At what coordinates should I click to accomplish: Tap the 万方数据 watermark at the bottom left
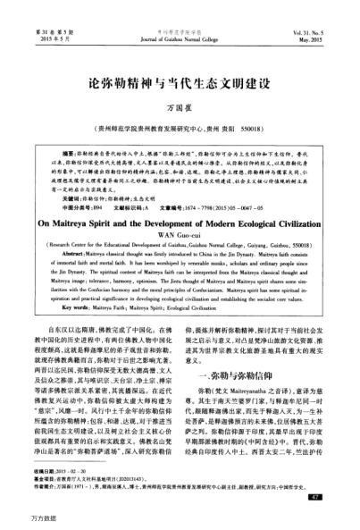coord(20,519)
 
